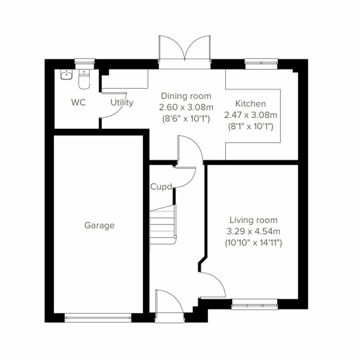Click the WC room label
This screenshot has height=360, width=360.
tap(78, 103)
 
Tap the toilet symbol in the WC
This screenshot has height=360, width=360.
tap(84, 80)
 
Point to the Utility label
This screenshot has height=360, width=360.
tap(122, 103)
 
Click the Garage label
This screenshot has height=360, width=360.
tap(99, 225)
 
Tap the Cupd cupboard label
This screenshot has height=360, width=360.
tap(161, 187)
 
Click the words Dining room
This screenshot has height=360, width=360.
tap(186, 96)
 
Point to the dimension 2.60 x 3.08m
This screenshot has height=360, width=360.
tap(186, 107)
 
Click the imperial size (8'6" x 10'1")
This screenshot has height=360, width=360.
tap(186, 119)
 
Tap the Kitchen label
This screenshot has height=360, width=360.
tap(250, 104)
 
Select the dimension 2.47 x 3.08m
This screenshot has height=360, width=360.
tap(250, 115)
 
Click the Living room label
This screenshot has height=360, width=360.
tap(253, 220)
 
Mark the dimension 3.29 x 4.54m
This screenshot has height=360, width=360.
tap(253, 231)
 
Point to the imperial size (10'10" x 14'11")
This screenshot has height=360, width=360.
tap(253, 243)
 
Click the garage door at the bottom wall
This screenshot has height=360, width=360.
tap(98, 318)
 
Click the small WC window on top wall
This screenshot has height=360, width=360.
tap(85, 62)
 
